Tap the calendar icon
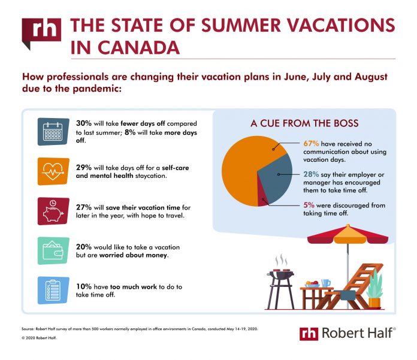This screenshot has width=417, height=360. [53, 132]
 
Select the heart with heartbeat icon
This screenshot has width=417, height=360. [53, 171]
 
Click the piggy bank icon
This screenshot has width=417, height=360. [53, 211]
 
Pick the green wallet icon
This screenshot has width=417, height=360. [53, 251]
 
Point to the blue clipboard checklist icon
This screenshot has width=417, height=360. [53, 291]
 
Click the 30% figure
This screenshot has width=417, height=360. [83, 123]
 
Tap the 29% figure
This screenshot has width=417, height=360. [83, 168]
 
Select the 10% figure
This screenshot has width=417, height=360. [83, 286]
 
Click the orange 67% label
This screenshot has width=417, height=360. [311, 144]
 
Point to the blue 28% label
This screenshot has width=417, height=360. [311, 174]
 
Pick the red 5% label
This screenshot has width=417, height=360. [309, 205]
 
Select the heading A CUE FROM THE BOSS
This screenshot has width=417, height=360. [304, 123]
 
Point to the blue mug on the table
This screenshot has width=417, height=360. [325, 283]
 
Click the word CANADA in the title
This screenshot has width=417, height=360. [138, 48]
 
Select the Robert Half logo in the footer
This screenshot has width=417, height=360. [347, 334]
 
